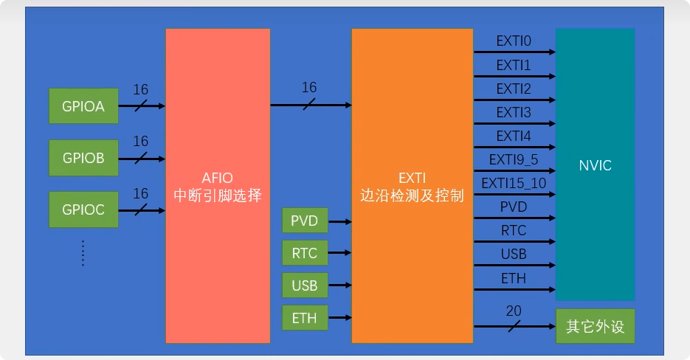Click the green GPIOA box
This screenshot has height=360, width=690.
(x=83, y=106)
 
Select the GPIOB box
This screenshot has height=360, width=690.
(x=83, y=158)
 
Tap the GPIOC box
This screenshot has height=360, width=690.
(x=83, y=210)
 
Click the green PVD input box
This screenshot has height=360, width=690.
(x=304, y=221)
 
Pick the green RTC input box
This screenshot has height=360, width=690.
(x=304, y=254)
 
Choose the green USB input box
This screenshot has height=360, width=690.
(x=304, y=285)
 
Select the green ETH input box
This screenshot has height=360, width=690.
(x=304, y=319)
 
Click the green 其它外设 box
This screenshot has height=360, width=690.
(x=595, y=326)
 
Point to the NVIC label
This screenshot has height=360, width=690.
(x=595, y=165)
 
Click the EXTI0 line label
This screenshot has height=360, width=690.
(x=514, y=41)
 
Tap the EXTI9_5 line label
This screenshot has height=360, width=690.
(x=514, y=159)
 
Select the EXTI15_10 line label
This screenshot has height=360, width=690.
(x=514, y=183)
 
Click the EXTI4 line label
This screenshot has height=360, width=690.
(x=514, y=136)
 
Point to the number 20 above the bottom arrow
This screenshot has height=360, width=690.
(x=514, y=312)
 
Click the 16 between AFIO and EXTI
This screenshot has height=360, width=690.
(x=309, y=88)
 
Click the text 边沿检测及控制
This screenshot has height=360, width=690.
(x=412, y=197)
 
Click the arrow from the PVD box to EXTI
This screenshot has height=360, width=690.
(x=339, y=221)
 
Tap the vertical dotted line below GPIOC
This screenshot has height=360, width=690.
(x=83, y=252)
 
